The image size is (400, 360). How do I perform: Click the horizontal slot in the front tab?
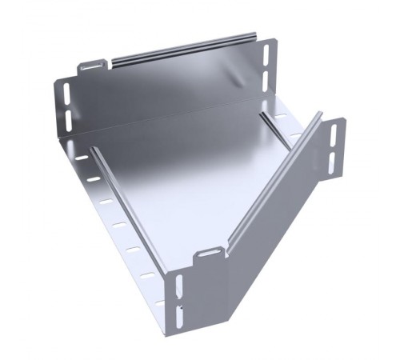(209, 254)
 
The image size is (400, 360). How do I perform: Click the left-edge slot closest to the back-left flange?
(82, 158)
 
